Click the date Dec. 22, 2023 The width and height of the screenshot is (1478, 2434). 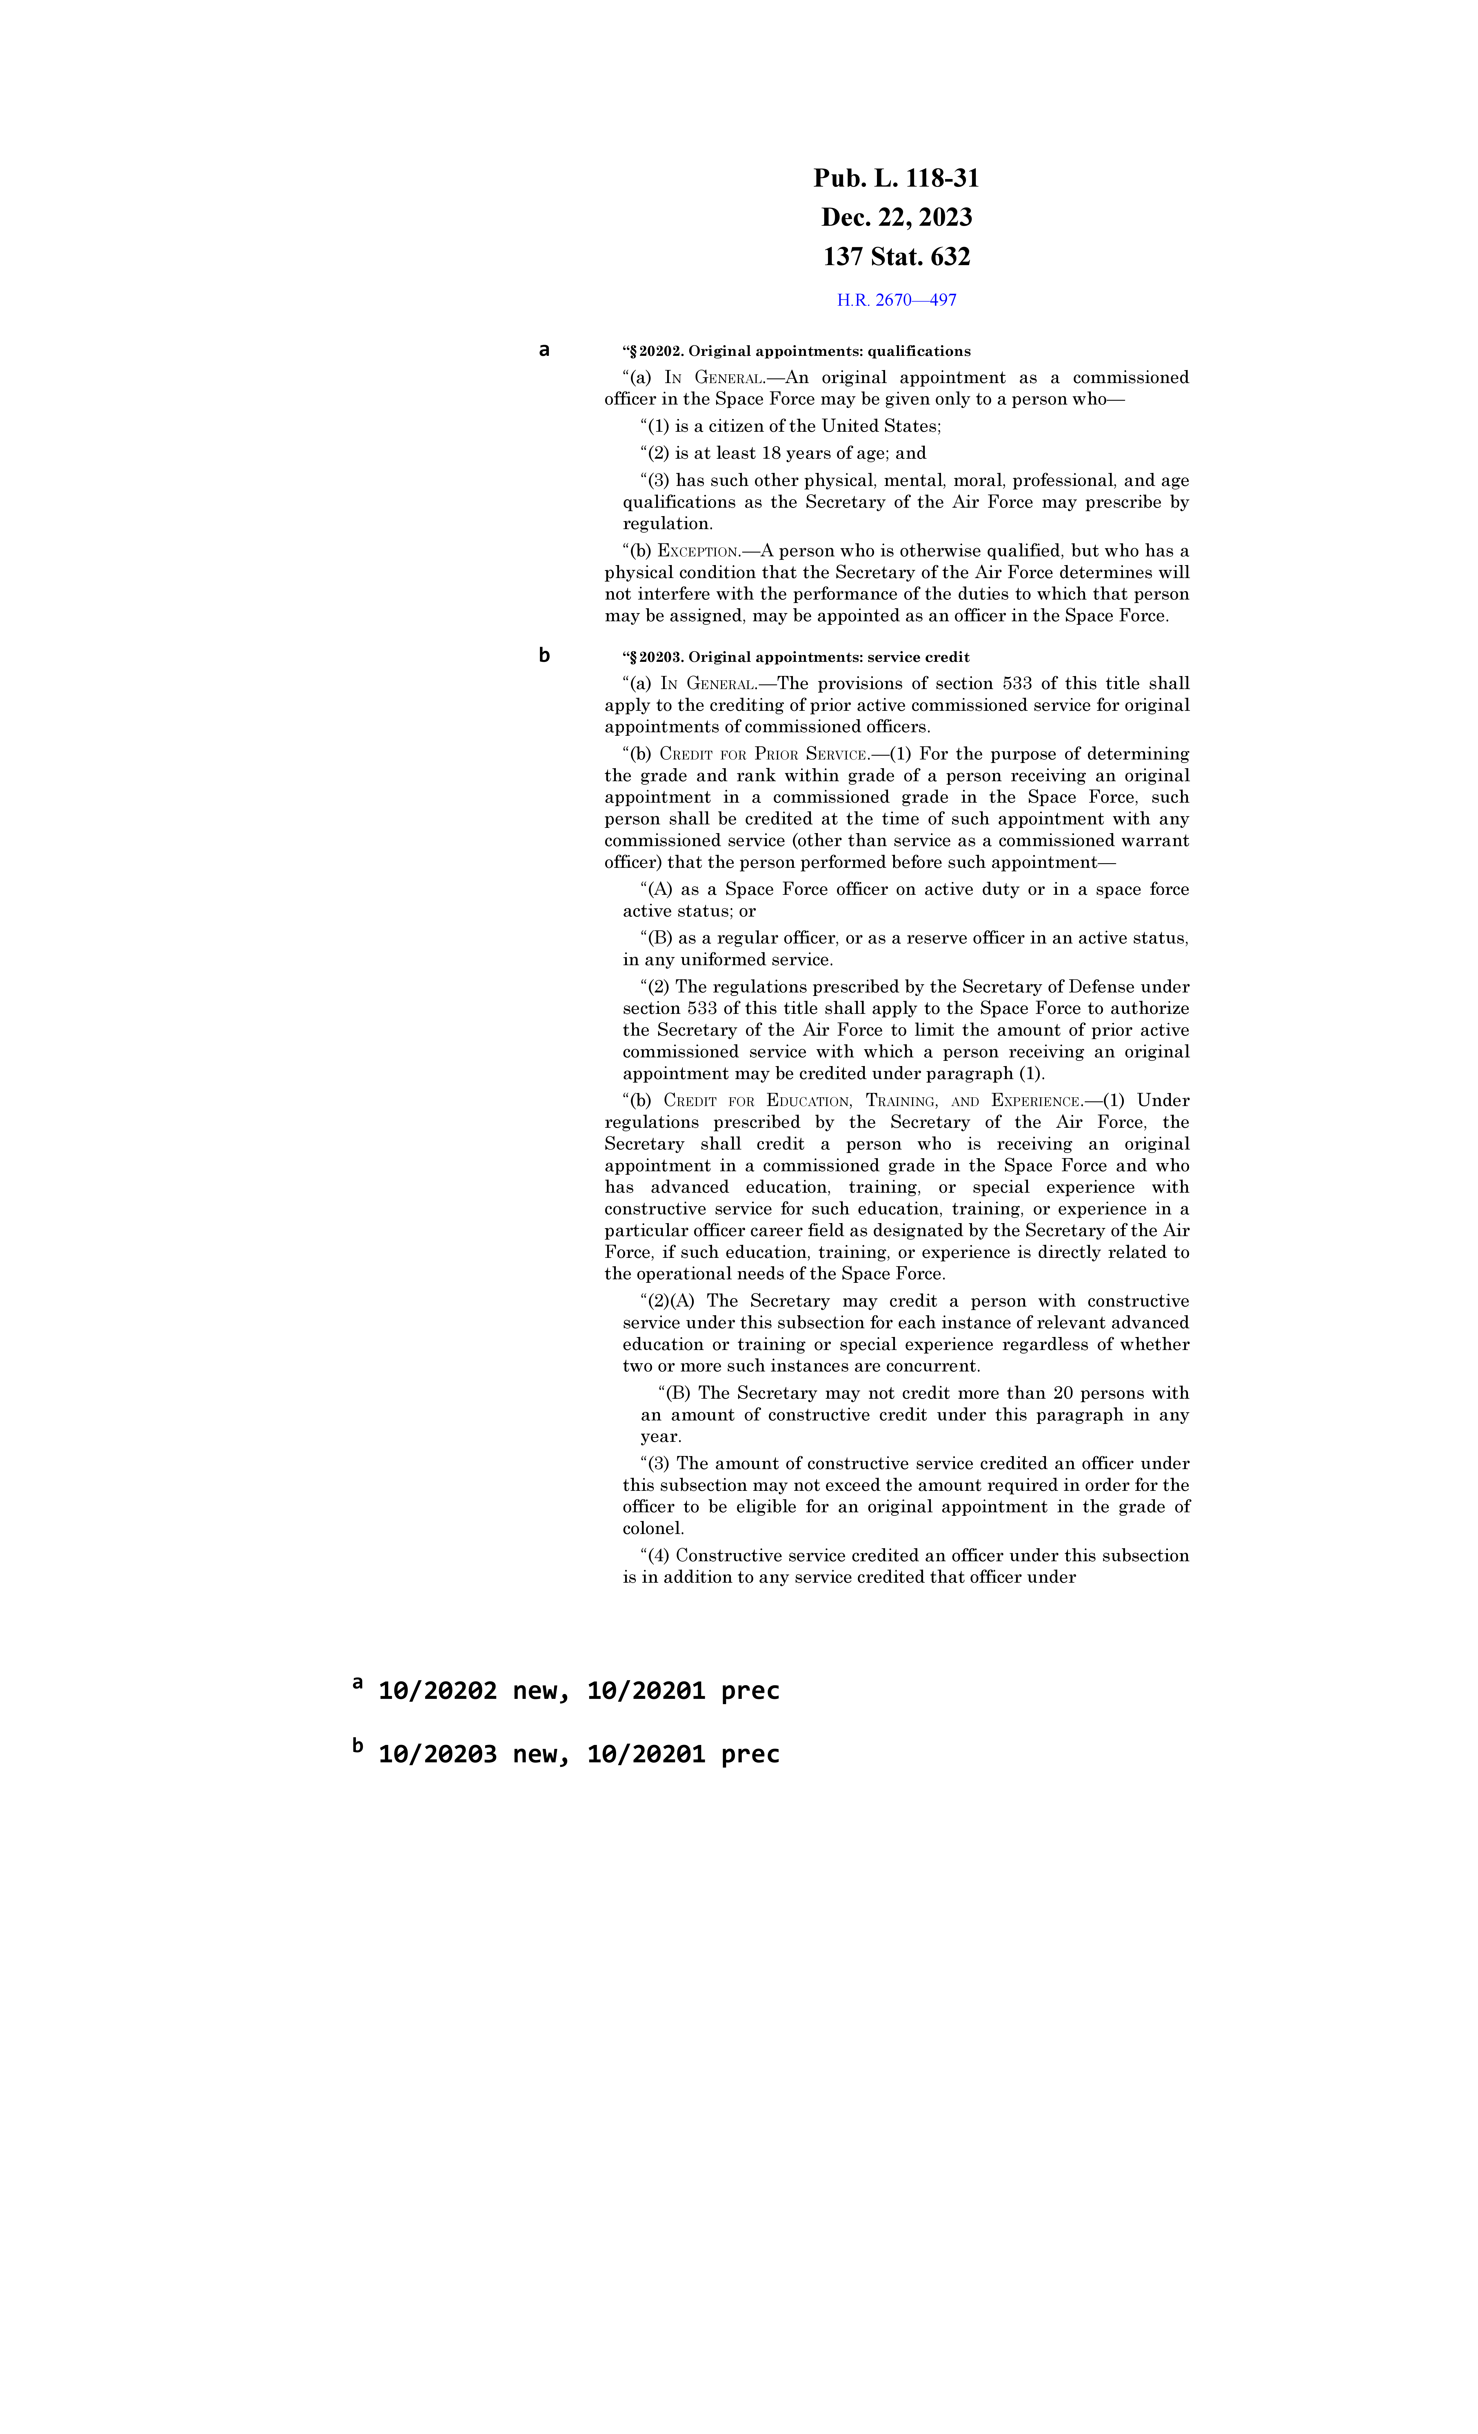coord(896,217)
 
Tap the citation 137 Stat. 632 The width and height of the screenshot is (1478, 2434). coord(896,257)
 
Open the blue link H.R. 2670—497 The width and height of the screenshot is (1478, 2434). coord(896,300)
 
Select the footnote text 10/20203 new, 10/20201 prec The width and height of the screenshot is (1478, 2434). coord(578,1755)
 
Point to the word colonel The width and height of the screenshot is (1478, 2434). coord(653,1529)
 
